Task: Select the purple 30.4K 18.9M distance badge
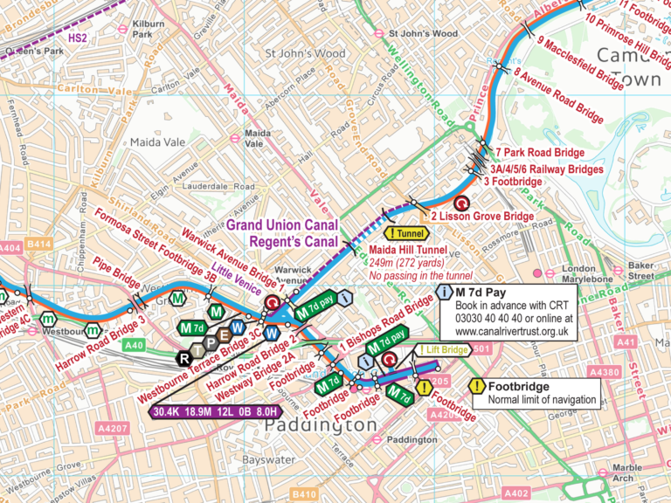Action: pos(215,411)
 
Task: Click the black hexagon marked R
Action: pos(183,356)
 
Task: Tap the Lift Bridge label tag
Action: pos(445,350)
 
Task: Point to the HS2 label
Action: pos(79,38)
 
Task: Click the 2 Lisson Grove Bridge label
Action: pos(481,216)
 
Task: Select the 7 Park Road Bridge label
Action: pos(540,153)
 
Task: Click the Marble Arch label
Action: pos(626,472)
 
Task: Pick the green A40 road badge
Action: pos(134,346)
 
